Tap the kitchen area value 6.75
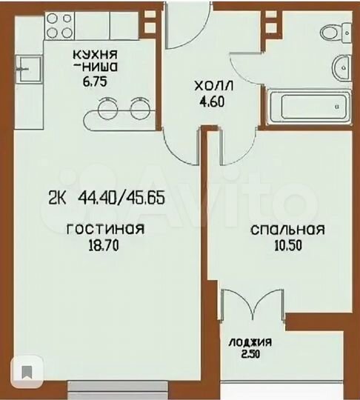click(93, 84)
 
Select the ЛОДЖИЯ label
click(250, 342)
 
